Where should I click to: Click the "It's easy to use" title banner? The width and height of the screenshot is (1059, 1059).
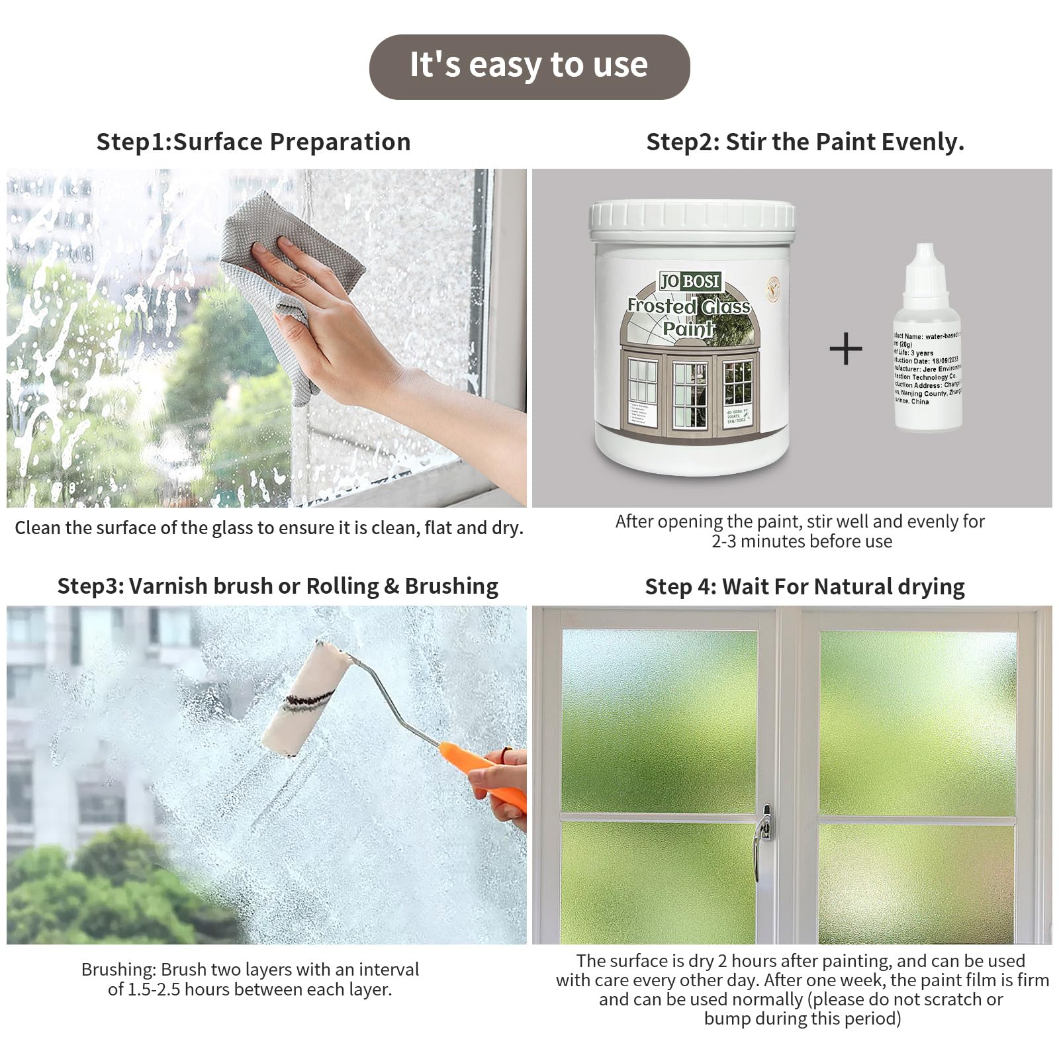[x=529, y=66]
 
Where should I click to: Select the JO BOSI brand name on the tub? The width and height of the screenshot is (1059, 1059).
[x=690, y=281]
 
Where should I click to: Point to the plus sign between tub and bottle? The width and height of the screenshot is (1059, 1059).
[x=846, y=349]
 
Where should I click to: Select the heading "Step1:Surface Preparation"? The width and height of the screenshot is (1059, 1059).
[x=253, y=142]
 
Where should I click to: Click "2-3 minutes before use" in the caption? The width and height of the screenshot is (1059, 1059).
[x=802, y=542]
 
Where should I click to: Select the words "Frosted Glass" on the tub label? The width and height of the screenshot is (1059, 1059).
[x=688, y=306]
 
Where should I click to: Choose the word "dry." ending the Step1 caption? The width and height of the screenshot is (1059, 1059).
[x=508, y=528]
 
